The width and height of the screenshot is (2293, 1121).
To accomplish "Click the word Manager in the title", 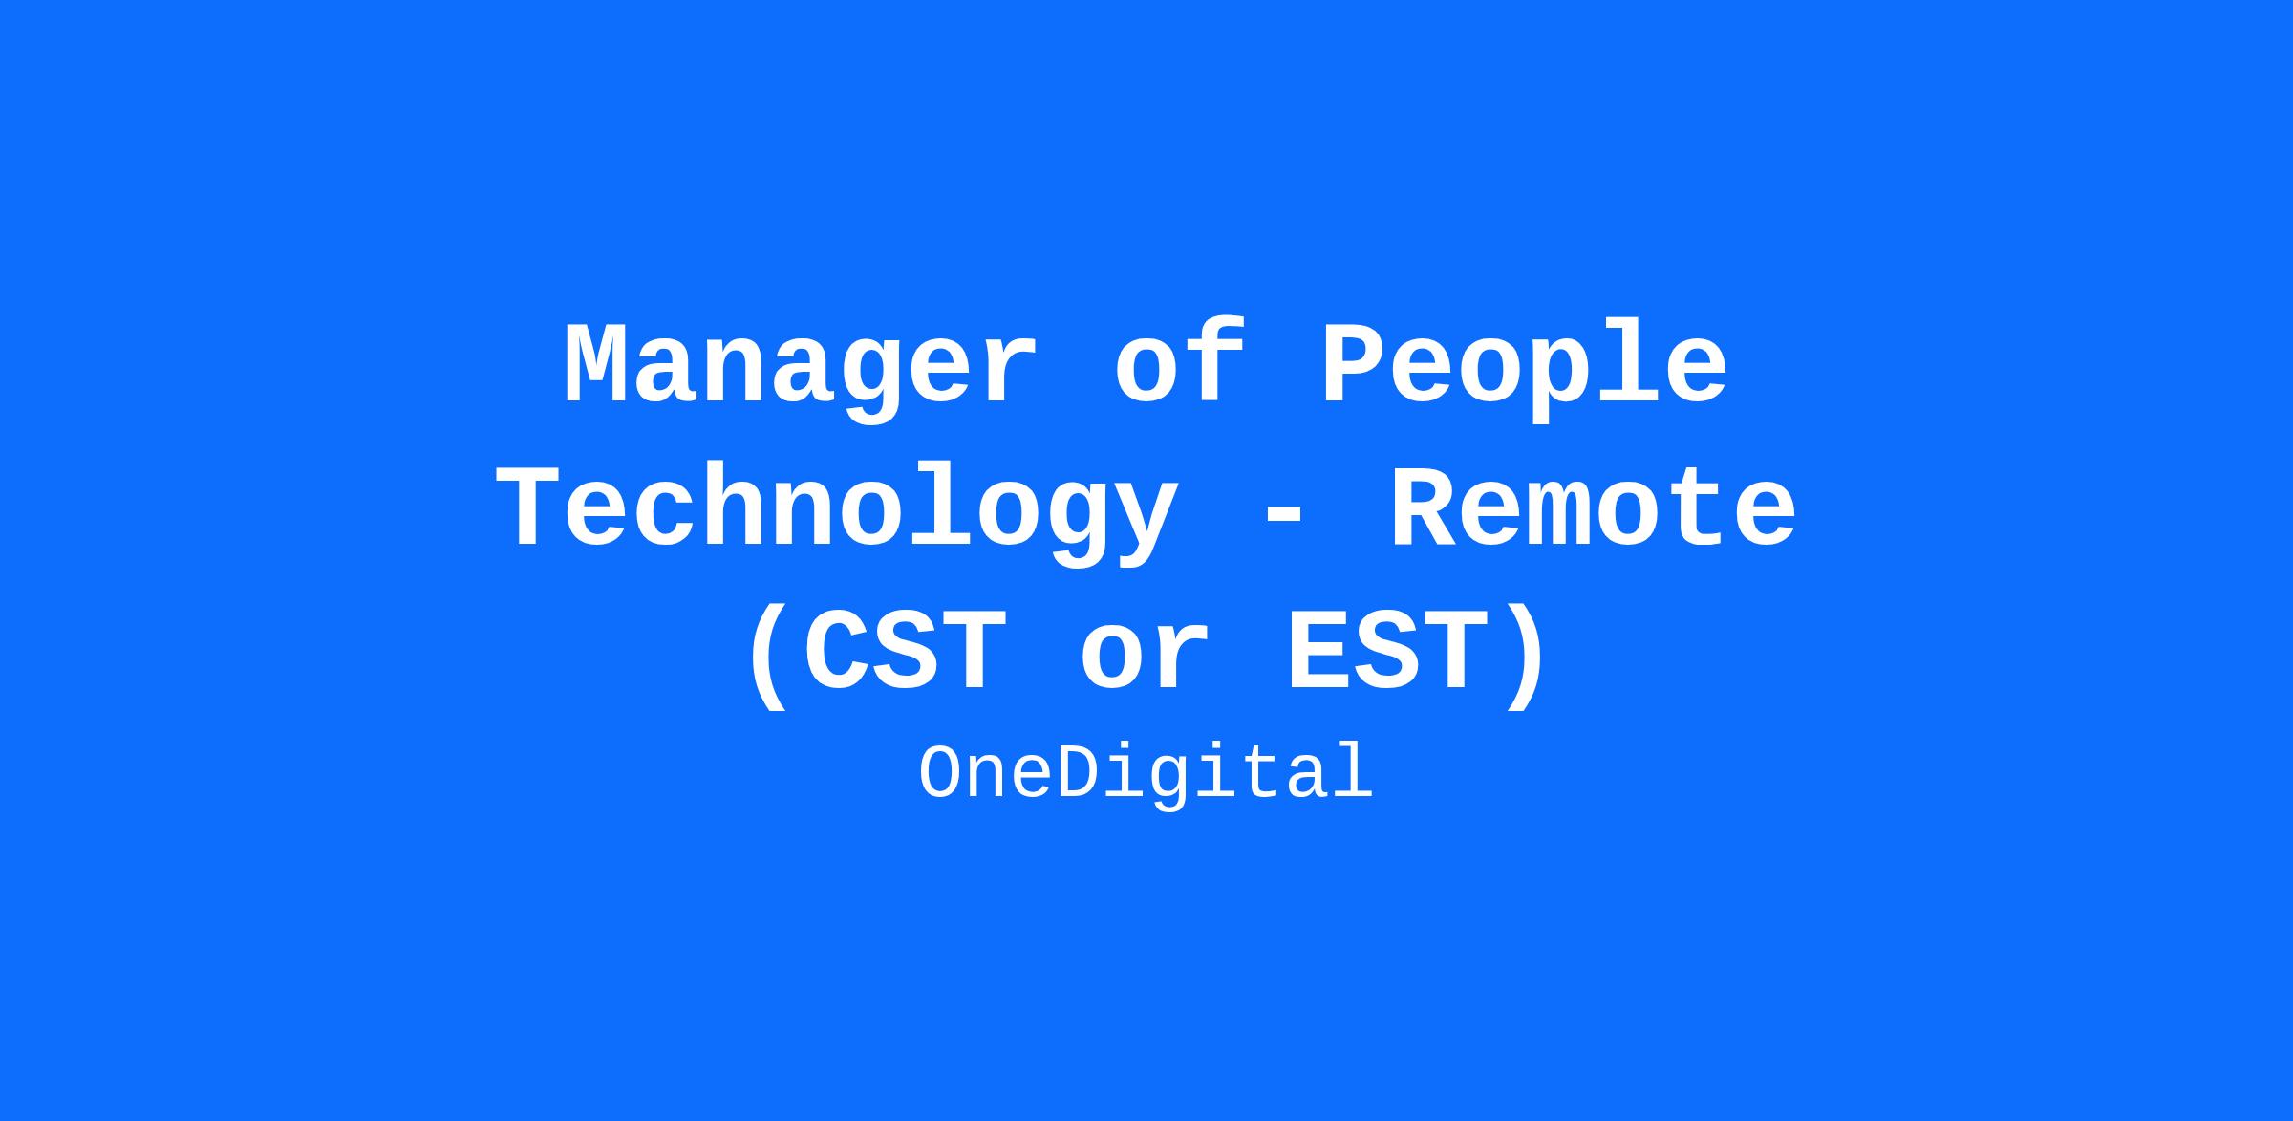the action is tap(801, 369).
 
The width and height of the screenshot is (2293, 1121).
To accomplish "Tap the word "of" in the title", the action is tap(1181, 362).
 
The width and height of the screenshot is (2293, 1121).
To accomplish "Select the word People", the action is tap(1525, 369).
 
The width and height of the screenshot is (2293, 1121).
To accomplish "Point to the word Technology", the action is tap(836, 512).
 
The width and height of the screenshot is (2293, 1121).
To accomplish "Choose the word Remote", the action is tap(1592, 509).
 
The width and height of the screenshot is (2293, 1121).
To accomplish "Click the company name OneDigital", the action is tap(1146, 775).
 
